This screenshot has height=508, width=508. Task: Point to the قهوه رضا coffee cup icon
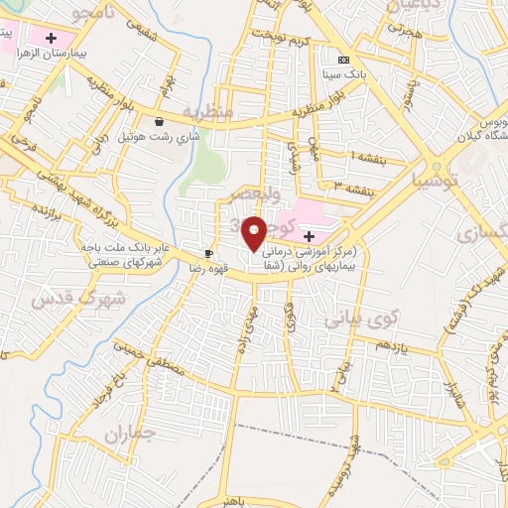208,253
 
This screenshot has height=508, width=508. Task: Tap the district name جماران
129,434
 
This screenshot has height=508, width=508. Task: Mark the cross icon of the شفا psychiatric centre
309,236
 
